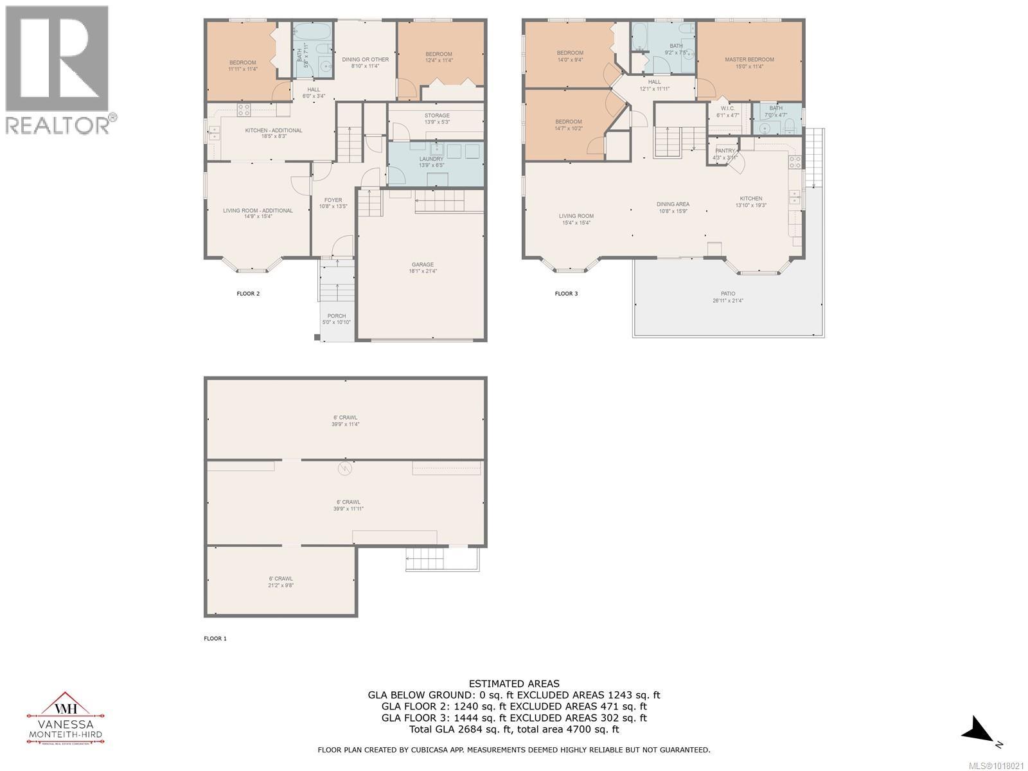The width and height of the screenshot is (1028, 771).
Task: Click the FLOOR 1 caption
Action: coord(215,639)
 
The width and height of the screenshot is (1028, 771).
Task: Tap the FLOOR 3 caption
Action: coord(566,294)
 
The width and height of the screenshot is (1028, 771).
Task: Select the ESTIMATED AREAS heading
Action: coord(513,684)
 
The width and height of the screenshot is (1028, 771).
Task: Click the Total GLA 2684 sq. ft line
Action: coord(513,729)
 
